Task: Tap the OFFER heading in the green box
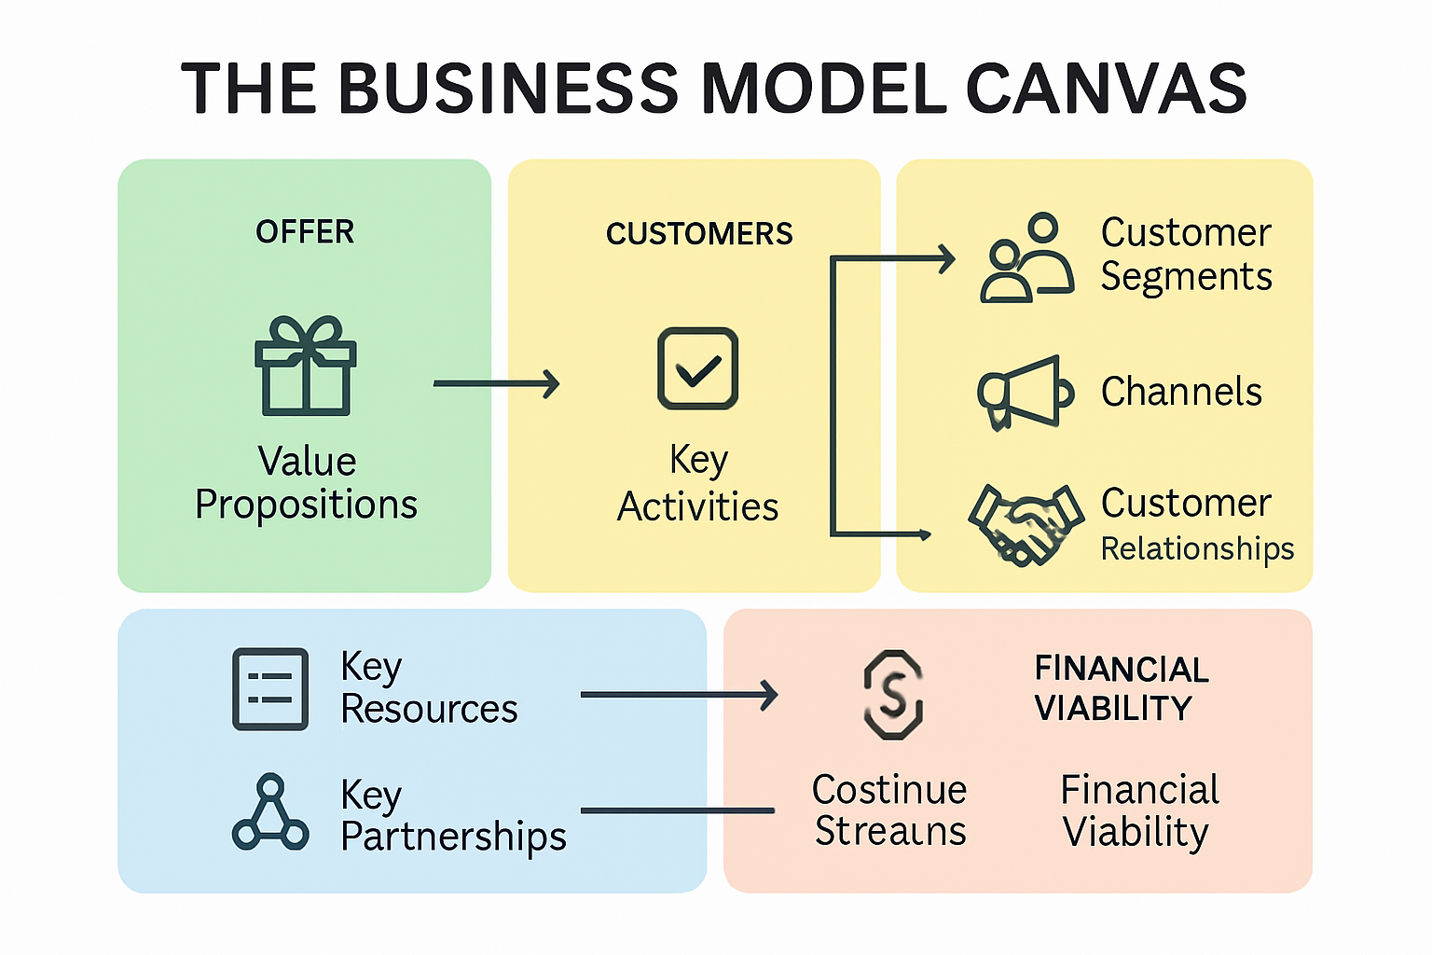point(305,231)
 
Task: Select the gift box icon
point(306,366)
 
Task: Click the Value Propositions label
point(306,483)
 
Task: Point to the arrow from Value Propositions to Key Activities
point(496,383)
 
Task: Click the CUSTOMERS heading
point(699,233)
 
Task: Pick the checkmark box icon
point(697,368)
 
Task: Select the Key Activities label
point(697,483)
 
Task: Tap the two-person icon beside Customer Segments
point(1026,258)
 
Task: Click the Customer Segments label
point(1186,255)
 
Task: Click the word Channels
point(1181,392)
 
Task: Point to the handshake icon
point(1026,525)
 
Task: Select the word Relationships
point(1197,548)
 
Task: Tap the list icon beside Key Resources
point(270,688)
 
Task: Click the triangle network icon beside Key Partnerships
point(270,813)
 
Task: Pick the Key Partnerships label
point(453,815)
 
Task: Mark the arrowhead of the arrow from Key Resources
point(769,695)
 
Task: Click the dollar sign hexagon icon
point(893,695)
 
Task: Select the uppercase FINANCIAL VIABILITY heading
point(1121,688)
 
